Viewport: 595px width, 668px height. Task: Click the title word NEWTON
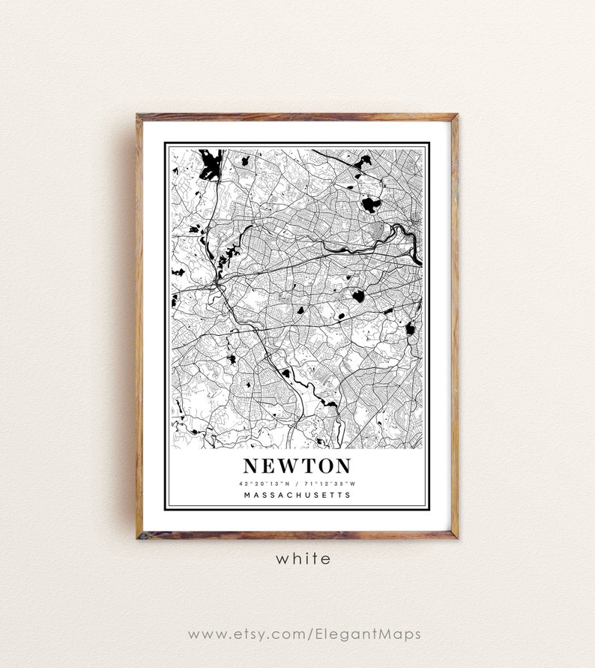(x=296, y=466)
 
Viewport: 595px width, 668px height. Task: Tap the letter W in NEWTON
(x=289, y=466)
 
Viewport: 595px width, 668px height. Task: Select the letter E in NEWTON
(x=267, y=466)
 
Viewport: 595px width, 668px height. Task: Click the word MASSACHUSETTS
(x=297, y=495)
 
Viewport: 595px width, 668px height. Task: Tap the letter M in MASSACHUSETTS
(x=247, y=495)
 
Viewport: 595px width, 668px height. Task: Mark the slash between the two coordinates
(x=297, y=483)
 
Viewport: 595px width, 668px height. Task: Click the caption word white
(x=303, y=559)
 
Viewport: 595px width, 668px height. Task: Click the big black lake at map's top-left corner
(x=209, y=164)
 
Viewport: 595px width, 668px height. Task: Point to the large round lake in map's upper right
(x=370, y=203)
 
